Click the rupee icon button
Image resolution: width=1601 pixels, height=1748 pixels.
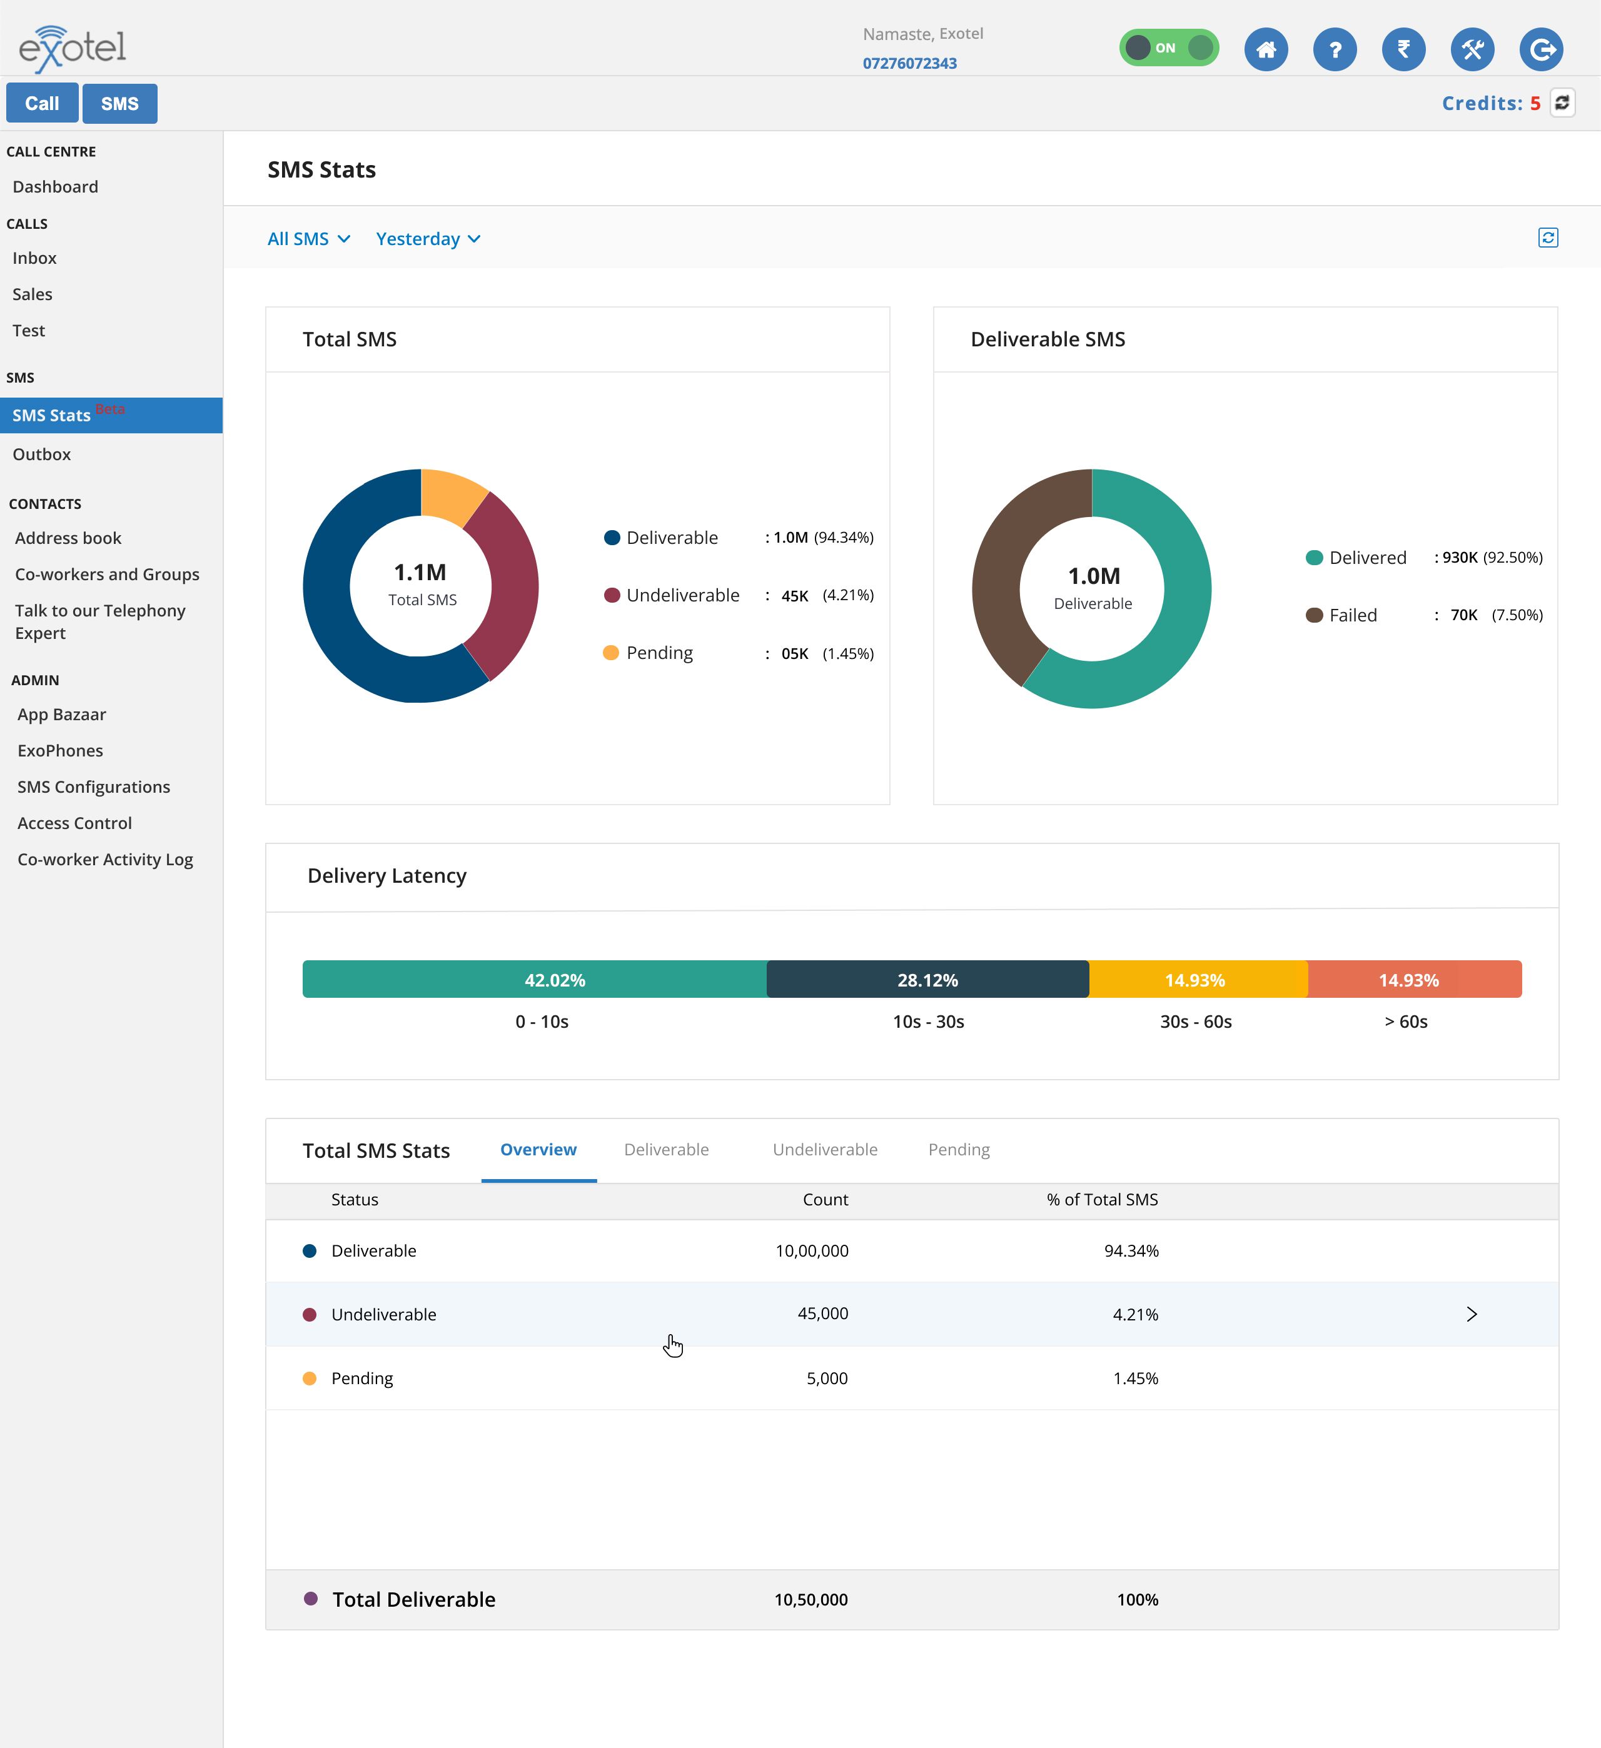pos(1403,49)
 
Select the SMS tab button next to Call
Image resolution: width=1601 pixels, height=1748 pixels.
pos(119,103)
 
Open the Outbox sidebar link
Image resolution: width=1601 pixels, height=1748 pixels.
pos(42,455)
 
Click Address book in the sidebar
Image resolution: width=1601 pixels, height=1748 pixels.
pos(68,538)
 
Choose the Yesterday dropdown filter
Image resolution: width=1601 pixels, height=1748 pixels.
pos(428,238)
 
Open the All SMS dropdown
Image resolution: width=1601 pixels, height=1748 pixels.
pos(308,238)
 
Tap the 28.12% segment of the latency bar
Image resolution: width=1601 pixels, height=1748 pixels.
pos(927,980)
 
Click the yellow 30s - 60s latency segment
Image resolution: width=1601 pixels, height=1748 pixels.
pos(1198,980)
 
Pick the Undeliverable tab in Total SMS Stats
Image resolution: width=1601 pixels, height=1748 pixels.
pos(825,1149)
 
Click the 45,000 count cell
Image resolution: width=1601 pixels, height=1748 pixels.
pos(822,1314)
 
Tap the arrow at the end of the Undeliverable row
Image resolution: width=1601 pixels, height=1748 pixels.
pos(1471,1315)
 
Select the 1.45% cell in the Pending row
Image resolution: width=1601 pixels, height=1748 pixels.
pos(1135,1378)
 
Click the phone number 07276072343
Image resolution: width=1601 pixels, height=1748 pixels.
pos(909,63)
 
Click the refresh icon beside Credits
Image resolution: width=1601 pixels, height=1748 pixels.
pos(1562,103)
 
